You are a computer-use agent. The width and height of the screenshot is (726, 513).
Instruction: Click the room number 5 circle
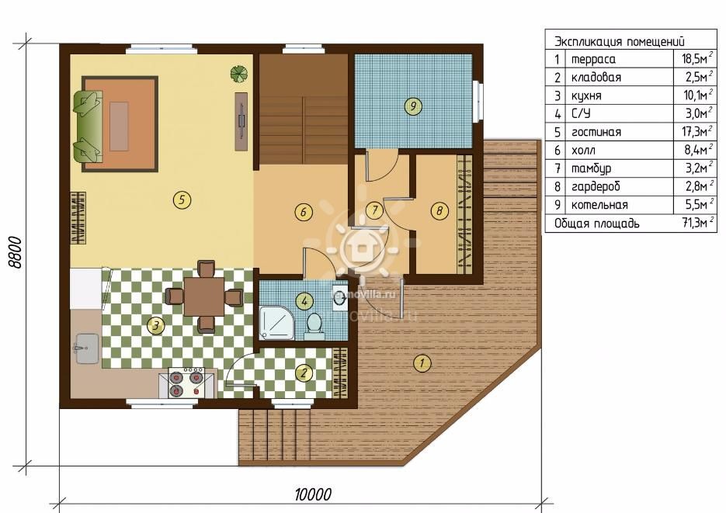[x=182, y=199]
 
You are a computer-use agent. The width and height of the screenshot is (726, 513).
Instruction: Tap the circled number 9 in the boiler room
[x=413, y=106]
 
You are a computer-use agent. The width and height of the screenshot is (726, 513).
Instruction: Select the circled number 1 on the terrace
[x=422, y=362]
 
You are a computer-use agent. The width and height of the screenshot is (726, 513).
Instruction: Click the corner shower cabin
[x=277, y=322]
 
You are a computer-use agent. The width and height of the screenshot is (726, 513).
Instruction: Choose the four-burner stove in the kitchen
[x=187, y=382]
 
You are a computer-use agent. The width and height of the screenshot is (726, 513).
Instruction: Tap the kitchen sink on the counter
[x=86, y=348]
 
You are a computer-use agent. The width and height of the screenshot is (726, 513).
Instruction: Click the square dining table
[x=203, y=296]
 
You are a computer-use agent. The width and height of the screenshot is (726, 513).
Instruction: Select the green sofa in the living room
[x=88, y=127]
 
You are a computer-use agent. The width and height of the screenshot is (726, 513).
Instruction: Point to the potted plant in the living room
[x=239, y=74]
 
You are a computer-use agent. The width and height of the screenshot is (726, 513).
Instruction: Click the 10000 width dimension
[x=314, y=494]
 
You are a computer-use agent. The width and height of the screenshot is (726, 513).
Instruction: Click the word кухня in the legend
[x=586, y=95]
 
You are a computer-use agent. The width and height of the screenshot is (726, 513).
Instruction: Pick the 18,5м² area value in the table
[x=697, y=59]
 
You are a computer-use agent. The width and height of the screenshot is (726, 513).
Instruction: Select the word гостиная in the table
[x=596, y=132]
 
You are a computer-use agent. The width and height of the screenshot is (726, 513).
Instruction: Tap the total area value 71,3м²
[x=697, y=223]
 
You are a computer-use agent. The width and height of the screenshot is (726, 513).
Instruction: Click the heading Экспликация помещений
[x=620, y=42]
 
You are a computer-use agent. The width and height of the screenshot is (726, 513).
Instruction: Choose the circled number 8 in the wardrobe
[x=439, y=211]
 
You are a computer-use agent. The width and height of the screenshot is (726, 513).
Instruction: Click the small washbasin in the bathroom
[x=340, y=299]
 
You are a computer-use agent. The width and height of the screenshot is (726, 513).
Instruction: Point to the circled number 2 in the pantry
[x=304, y=373]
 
